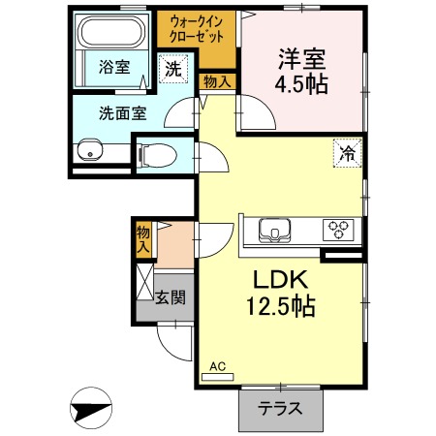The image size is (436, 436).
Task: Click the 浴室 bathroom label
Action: (x=114, y=67)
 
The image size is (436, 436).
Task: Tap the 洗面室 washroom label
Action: (x=121, y=111)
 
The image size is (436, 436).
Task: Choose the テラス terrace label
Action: (x=280, y=409)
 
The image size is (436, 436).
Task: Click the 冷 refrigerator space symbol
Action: (x=346, y=151)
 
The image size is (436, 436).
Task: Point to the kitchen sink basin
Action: (x=275, y=232)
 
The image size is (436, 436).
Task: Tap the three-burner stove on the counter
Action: (x=340, y=230)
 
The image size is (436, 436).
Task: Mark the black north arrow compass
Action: (x=94, y=408)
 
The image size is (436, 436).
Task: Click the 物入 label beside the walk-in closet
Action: (x=216, y=81)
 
